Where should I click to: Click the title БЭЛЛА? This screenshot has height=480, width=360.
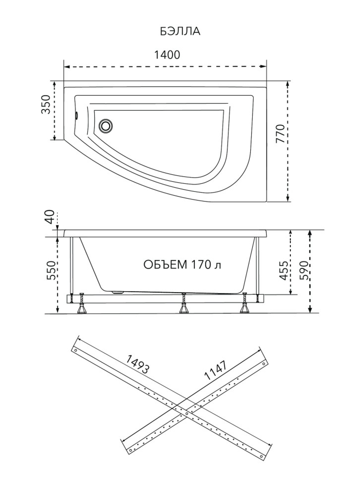180,31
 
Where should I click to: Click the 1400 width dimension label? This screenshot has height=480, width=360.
167,55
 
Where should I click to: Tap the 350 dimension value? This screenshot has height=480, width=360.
46,104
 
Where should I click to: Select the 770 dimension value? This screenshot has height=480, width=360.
280,133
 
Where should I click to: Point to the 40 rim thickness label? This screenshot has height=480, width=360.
50,217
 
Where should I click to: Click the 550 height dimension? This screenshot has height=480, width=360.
51,270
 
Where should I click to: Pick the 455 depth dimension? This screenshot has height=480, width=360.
284,271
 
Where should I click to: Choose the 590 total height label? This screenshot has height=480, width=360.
304,270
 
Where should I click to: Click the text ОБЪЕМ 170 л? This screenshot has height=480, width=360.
182,264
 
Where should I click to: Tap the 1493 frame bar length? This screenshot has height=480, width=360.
138,364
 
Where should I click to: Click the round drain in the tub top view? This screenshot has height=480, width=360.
105,126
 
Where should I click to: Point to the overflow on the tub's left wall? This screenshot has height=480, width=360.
76,116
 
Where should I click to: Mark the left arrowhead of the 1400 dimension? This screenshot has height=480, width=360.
67,67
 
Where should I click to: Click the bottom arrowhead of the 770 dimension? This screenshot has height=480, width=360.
288,199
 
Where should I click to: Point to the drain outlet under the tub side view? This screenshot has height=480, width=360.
118,292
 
